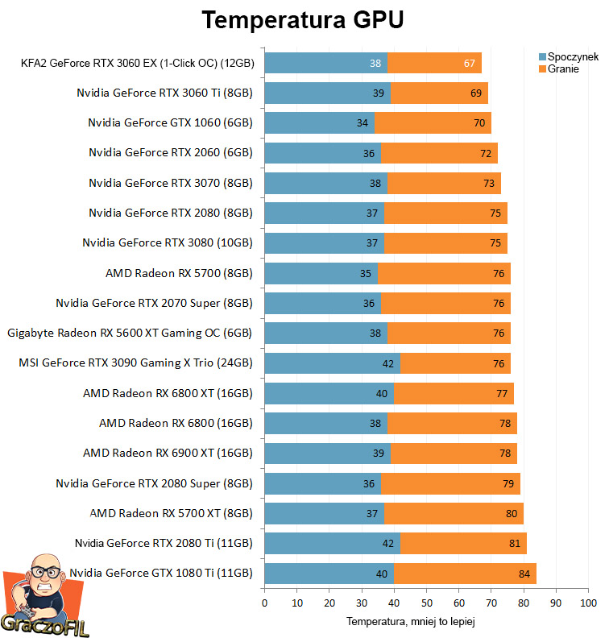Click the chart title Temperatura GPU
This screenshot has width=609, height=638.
point(302,20)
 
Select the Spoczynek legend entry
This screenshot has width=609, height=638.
point(571,57)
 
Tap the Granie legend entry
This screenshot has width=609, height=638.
point(563,69)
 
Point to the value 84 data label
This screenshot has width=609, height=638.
point(525,574)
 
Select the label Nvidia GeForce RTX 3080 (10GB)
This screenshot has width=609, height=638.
point(168,242)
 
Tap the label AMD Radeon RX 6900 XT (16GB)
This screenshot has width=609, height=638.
point(168,453)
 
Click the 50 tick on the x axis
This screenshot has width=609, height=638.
point(426,603)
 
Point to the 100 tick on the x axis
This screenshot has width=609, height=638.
point(588,603)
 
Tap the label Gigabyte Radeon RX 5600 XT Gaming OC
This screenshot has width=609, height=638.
point(130,333)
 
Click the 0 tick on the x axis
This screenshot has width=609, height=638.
point(264,603)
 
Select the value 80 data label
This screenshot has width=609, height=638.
point(512,513)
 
